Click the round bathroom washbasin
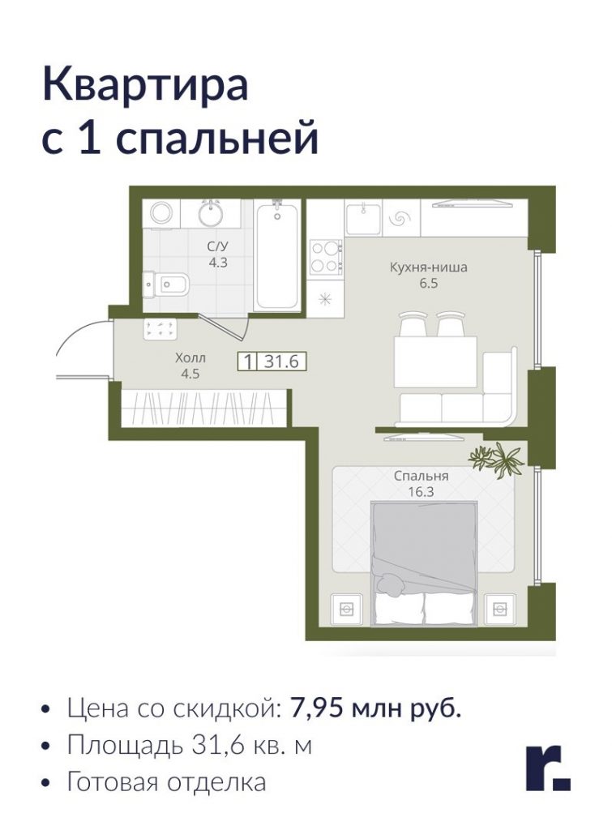pos(212,213)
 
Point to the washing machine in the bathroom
pos(161,213)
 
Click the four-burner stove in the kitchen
pos(326,257)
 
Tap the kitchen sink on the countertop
pos(363,217)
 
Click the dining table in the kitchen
pos(435,361)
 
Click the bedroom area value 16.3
pos(421,492)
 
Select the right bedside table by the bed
pos(499,610)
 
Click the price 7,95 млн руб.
pos(376,708)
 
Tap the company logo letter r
pos(547,768)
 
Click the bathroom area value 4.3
pos(217,262)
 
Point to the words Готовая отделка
pos(166,782)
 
